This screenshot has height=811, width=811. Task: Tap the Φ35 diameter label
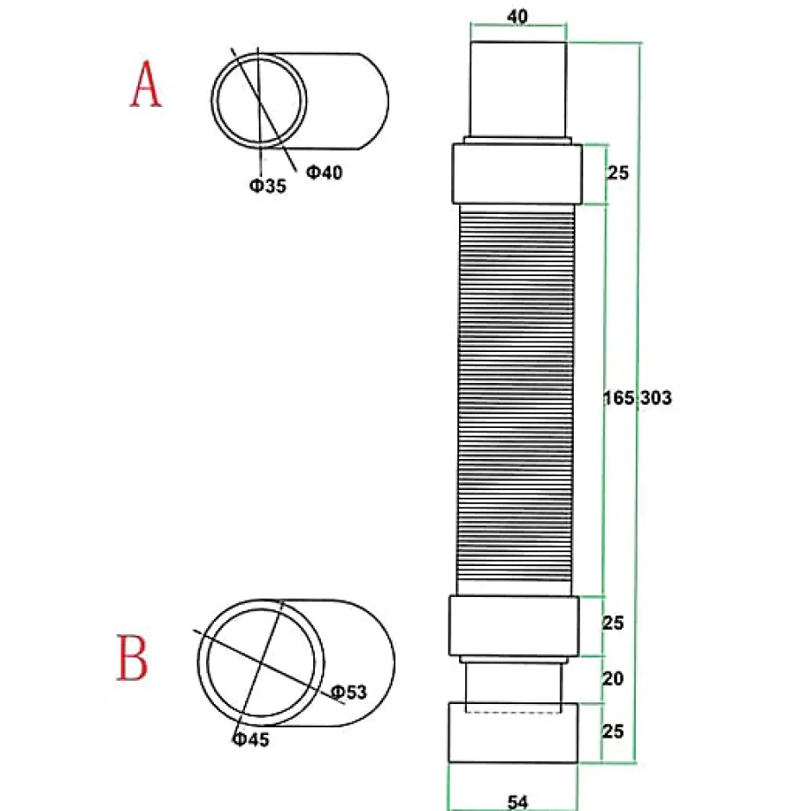click(x=268, y=185)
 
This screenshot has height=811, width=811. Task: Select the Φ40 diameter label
click(x=324, y=173)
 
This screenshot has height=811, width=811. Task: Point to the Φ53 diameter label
click(x=349, y=691)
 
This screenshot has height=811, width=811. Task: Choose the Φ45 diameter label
click(x=250, y=739)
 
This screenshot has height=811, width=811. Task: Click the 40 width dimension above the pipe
click(x=518, y=17)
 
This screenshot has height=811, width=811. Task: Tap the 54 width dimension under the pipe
click(x=518, y=802)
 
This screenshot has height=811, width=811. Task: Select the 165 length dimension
click(x=618, y=398)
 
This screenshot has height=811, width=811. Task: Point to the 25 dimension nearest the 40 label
click(x=618, y=173)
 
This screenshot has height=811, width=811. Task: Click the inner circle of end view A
click(x=261, y=100)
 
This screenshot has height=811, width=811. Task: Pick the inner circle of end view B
click(x=261, y=662)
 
